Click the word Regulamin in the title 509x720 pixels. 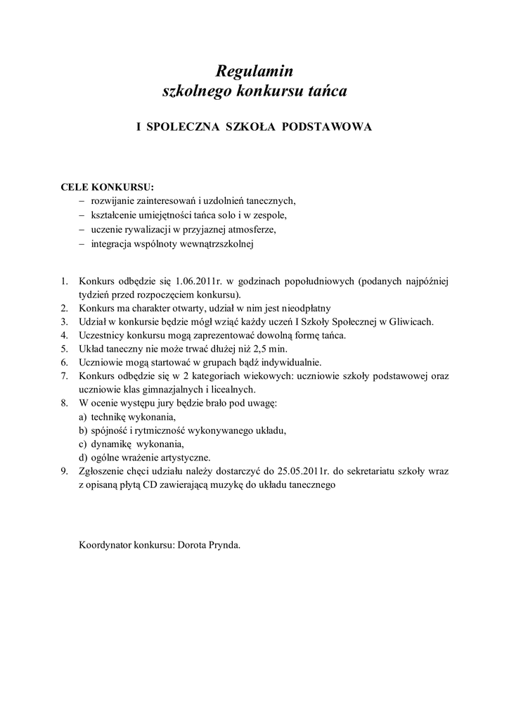(254, 71)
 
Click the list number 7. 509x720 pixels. (64, 376)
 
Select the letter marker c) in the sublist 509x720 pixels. (84, 444)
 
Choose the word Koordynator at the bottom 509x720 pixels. (105, 544)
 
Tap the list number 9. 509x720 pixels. (64, 470)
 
